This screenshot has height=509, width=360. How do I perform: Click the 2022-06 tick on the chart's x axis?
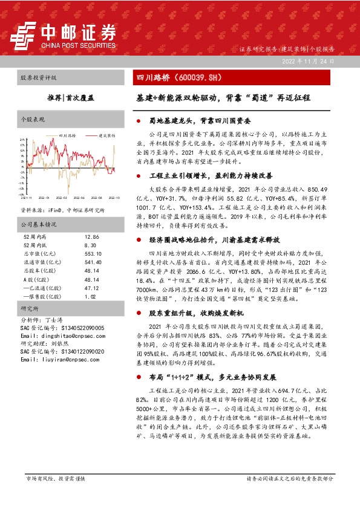click(x=78, y=197)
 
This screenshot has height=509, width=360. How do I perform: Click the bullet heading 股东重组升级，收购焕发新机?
click(x=193, y=314)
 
